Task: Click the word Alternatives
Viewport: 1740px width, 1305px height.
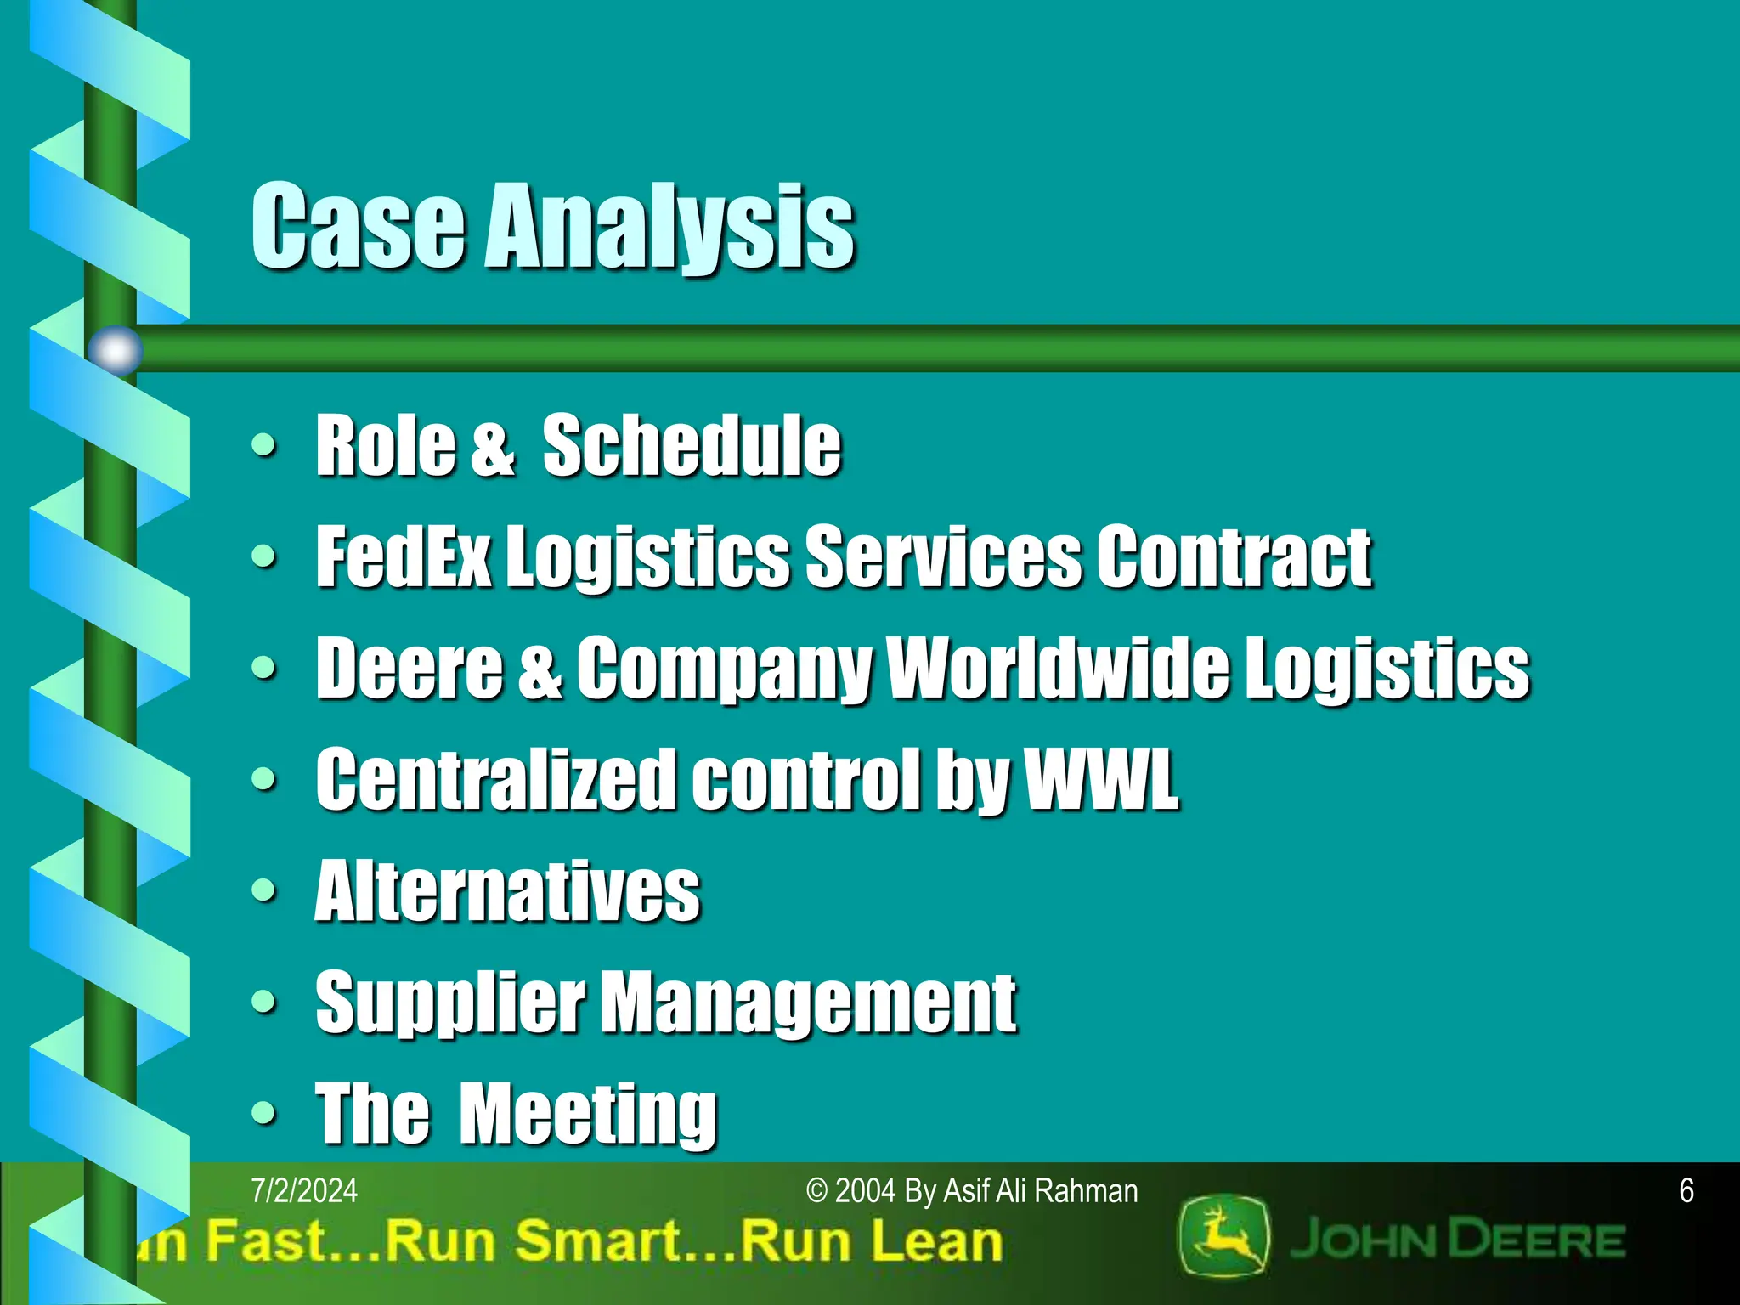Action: [507, 890]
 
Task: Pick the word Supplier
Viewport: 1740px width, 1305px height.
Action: [449, 1003]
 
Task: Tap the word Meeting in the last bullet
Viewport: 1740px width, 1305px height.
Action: [588, 1113]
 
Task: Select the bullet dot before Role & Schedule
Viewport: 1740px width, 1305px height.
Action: [264, 444]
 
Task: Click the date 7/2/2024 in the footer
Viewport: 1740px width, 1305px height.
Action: [304, 1191]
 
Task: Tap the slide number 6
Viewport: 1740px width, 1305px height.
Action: [1686, 1191]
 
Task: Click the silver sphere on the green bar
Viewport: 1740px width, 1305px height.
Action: [116, 350]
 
